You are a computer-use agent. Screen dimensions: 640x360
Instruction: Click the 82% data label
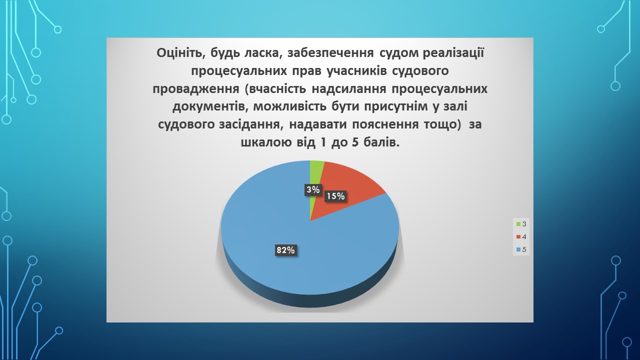285,250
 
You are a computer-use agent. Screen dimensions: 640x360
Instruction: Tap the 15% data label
335,196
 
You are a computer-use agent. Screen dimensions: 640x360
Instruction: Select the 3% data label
313,189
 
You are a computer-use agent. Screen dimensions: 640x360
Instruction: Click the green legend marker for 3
518,224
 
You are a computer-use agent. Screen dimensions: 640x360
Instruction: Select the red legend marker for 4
518,237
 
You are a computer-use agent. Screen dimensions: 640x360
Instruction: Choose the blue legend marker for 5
518,249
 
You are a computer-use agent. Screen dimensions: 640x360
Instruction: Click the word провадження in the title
195,89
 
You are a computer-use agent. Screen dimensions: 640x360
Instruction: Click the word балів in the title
381,143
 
